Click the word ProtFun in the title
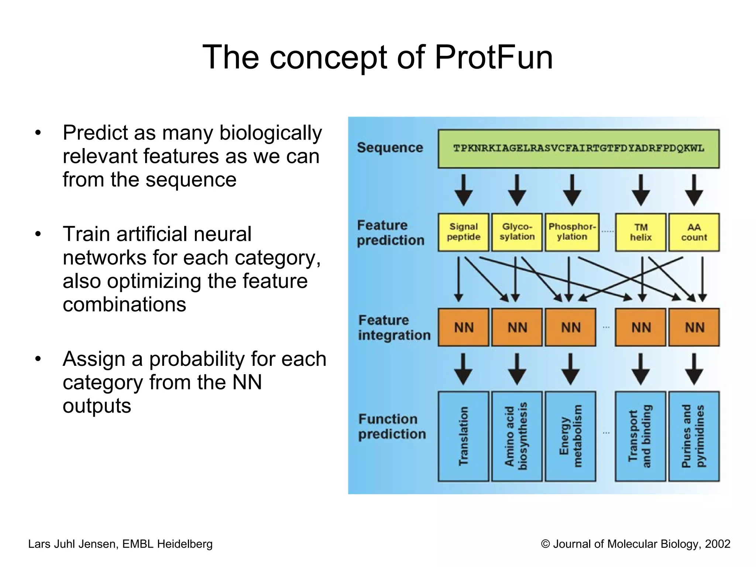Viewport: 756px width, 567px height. (494, 57)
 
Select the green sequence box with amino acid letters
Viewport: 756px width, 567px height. (578, 149)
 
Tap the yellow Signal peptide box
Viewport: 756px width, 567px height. (464, 232)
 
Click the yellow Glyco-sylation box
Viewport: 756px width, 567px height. (517, 232)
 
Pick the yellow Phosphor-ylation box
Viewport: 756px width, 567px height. (572, 232)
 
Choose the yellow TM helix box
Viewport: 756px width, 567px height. (640, 232)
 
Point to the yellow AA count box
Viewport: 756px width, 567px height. (694, 232)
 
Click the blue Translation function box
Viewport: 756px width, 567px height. (463, 436)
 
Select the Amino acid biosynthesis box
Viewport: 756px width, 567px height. (517, 436)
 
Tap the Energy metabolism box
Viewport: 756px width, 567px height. (570, 436)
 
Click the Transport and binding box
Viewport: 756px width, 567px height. (640, 436)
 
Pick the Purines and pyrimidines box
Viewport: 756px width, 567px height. (694, 436)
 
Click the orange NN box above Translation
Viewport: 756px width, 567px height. (464, 327)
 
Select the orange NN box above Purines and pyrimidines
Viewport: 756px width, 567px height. (694, 327)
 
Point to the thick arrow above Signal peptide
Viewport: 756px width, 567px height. (464, 190)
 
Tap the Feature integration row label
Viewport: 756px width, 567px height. (394, 328)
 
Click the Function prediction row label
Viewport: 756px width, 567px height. (392, 427)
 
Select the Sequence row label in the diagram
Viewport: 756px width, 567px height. (390, 148)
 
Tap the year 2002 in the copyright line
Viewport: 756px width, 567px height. (717, 544)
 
